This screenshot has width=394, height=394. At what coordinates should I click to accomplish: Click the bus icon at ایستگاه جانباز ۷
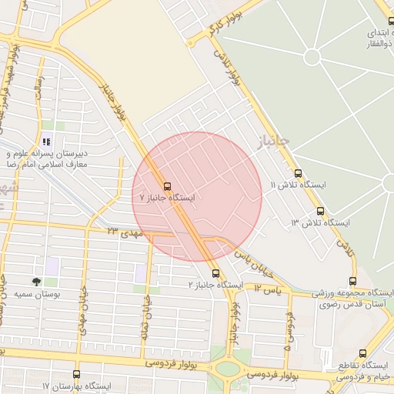click(167, 186)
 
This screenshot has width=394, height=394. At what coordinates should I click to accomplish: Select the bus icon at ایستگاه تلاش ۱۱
click(299, 173)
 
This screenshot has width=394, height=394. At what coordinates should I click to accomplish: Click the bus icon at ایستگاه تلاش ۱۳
click(320, 211)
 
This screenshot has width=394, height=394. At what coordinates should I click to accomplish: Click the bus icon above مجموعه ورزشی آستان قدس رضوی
click(352, 281)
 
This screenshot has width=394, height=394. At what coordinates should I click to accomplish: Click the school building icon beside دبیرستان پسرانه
click(47, 142)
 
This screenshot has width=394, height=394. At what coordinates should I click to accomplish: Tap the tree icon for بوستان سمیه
click(36, 282)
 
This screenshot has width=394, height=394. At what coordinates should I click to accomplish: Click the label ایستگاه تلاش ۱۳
click(320, 222)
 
